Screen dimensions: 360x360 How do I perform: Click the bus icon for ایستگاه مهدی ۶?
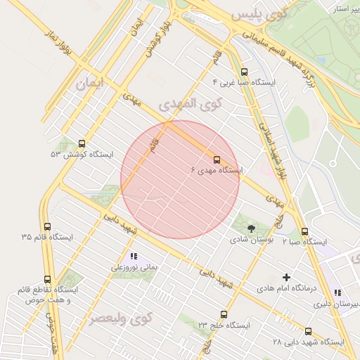point(217,159)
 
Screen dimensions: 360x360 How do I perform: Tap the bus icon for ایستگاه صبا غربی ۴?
point(244,72)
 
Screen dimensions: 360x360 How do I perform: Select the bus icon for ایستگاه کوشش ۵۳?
point(83,143)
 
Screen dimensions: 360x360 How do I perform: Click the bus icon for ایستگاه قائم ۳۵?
point(47,226)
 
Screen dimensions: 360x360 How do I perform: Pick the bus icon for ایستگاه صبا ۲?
point(304,231)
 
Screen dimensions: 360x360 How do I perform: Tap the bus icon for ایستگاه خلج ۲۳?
point(224,314)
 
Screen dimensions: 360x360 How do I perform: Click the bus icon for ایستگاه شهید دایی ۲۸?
point(308,331)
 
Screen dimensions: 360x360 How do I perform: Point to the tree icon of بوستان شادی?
point(251,228)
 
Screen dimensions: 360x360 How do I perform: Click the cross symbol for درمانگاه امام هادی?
point(286,277)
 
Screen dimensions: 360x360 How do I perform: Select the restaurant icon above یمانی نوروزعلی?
point(134,257)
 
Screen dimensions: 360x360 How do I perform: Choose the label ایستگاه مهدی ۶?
point(217,170)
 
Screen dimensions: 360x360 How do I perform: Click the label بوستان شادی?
point(251,240)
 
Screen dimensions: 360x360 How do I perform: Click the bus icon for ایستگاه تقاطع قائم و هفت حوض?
point(47,279)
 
